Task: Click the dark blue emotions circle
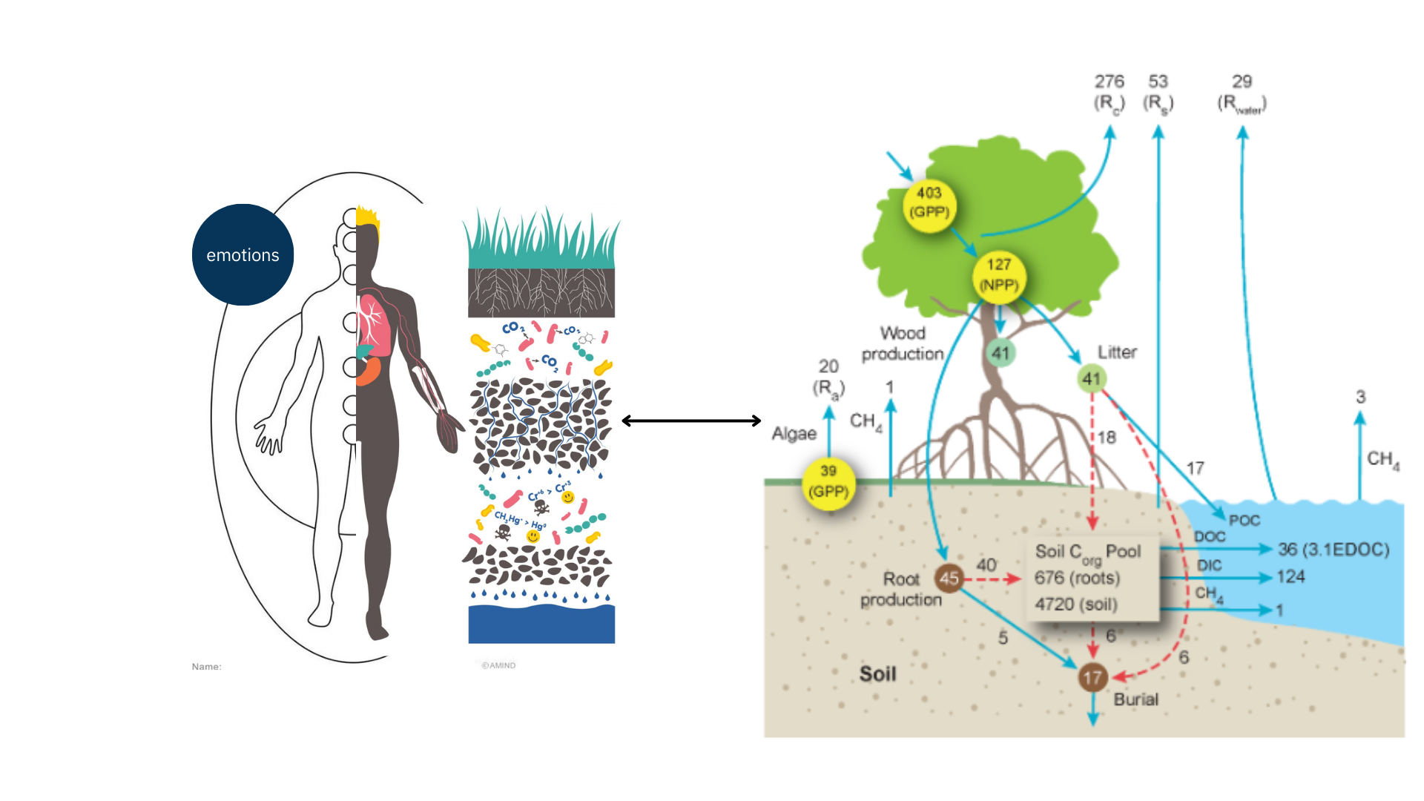tap(243, 254)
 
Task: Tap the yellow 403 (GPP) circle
tap(929, 202)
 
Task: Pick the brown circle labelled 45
tap(949, 578)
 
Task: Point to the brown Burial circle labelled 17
tap(1092, 677)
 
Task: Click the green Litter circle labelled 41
tap(1091, 379)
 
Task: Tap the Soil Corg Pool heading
tap(1087, 552)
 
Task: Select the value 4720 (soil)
tap(1075, 604)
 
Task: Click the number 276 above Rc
tap(1109, 82)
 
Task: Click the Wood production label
tap(902, 343)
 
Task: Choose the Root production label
tap(900, 589)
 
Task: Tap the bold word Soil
tap(877, 673)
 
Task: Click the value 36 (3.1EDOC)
tap(1333, 550)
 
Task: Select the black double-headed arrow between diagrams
tap(691, 421)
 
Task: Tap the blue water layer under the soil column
tap(541, 624)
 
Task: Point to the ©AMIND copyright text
tap(498, 665)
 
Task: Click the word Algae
tap(794, 434)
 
